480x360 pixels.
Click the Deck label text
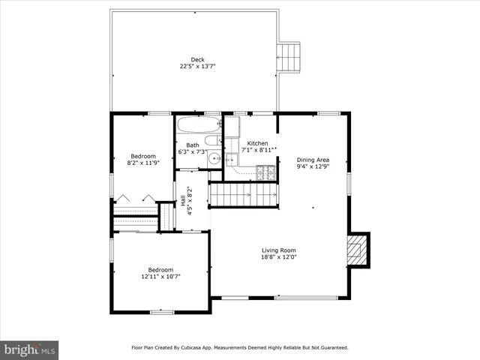click(197, 60)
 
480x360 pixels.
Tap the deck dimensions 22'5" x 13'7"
click(197, 67)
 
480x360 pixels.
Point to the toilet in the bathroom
click(211, 139)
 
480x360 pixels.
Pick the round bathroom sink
click(214, 157)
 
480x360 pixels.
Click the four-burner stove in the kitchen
click(265, 172)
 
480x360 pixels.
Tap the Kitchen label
click(257, 143)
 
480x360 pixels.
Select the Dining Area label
click(313, 160)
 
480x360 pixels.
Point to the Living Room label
click(278, 250)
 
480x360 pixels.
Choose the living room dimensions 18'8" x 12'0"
click(278, 257)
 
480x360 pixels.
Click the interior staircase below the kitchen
click(242, 195)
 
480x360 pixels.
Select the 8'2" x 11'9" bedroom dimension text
click(143, 163)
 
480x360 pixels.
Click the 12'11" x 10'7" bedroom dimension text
click(160, 276)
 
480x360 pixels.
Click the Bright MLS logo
click(30, 349)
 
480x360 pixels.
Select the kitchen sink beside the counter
click(232, 159)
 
